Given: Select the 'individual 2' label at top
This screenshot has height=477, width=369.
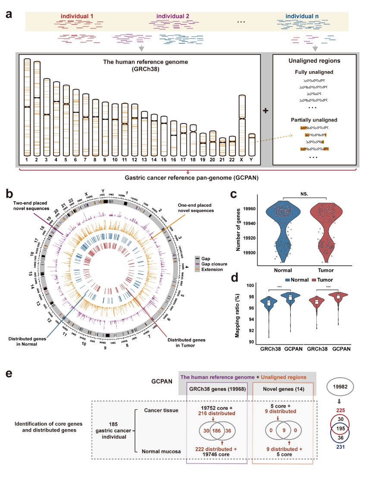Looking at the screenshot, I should (x=172, y=16).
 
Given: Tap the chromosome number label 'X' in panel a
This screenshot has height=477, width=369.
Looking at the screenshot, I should (x=242, y=160).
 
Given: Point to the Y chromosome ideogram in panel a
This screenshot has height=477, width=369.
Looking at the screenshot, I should (x=252, y=145).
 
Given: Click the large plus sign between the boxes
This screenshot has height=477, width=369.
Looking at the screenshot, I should (x=266, y=110).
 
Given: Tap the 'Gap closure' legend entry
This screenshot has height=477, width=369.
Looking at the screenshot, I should (x=214, y=263).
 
